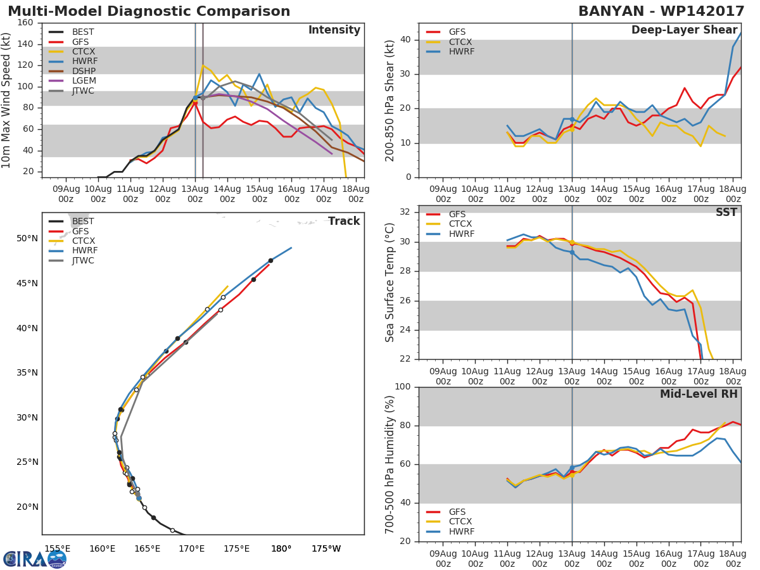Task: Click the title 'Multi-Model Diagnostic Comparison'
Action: pos(149,11)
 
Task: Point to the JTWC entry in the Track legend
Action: pos(83,260)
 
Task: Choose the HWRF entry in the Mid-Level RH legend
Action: pos(461,531)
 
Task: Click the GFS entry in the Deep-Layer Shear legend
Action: pos(457,32)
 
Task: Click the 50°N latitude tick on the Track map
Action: pos(27,239)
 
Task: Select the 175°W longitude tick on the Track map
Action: pos(326,548)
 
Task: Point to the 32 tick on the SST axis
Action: pos(405,212)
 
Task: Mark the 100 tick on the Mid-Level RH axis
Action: pos(403,387)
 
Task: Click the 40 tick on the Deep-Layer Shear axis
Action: pos(405,40)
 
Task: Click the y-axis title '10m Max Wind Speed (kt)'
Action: pos(7,100)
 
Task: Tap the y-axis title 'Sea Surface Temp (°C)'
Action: pos(390,282)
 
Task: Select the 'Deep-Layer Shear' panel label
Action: pos(684,30)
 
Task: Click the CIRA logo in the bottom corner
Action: pos(34,559)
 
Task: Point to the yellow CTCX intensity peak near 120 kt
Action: pos(203,65)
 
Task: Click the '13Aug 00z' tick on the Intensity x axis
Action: pos(195,193)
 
